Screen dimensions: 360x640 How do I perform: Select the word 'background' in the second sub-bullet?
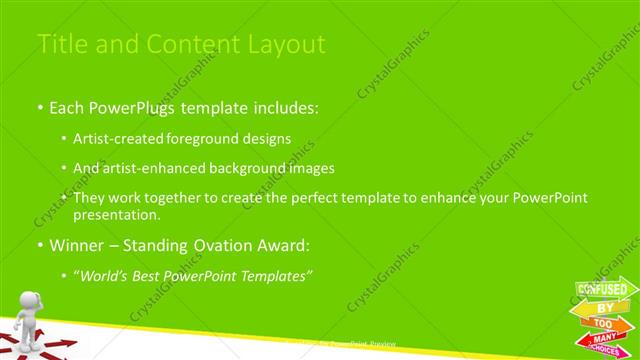point(253,168)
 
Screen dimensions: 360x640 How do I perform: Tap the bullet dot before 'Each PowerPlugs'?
point(39,108)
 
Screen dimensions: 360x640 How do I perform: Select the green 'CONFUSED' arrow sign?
point(606,290)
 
